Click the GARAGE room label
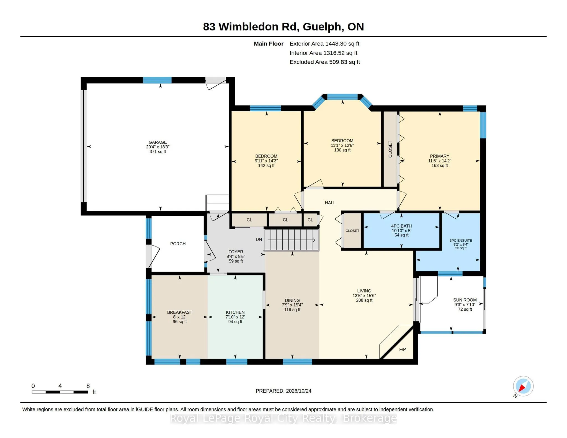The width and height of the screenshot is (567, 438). [158, 142]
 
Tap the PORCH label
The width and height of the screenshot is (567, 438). [178, 244]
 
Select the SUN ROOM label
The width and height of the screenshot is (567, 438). [465, 300]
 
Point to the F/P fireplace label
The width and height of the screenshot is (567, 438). [403, 350]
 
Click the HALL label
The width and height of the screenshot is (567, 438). [330, 203]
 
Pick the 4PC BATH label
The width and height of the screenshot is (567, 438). [401, 226]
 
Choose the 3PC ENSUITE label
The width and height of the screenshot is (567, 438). [461, 241]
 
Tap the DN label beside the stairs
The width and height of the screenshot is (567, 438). [259, 239]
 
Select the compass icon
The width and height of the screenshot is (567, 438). [523, 386]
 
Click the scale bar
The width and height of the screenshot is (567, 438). [60, 392]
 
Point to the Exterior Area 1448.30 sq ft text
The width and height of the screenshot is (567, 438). [324, 44]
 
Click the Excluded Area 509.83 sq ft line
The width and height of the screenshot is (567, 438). [325, 62]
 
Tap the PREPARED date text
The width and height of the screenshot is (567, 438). [283, 391]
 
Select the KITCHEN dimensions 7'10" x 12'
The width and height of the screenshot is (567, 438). [235, 317]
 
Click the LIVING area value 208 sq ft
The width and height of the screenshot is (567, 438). [364, 300]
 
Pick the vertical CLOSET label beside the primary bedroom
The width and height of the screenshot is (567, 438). [390, 149]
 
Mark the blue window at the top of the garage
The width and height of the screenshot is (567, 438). [157, 80]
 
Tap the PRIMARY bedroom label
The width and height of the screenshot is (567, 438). [439, 156]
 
